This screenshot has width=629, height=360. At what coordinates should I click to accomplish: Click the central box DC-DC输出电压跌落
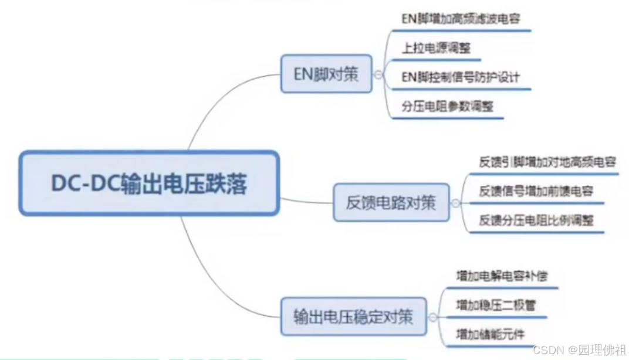click(148, 184)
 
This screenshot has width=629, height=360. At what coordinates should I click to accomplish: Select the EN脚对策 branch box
click(326, 74)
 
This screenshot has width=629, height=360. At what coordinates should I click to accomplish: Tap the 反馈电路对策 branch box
click(391, 203)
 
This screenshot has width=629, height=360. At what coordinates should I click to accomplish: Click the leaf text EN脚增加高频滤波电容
click(460, 19)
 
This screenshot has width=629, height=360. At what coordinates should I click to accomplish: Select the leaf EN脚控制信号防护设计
click(460, 77)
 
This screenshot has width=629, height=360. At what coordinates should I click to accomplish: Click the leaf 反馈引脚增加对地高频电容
click(546, 162)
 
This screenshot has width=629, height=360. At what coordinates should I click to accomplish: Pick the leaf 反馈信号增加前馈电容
click(536, 191)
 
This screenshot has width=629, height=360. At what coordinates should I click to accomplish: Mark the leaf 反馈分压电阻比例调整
click(536, 220)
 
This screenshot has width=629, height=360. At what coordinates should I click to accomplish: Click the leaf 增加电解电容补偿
click(502, 275)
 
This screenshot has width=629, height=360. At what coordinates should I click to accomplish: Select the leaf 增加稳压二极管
click(495, 305)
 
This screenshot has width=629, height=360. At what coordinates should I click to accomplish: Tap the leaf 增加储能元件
click(489, 334)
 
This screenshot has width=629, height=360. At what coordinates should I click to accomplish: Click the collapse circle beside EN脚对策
click(378, 74)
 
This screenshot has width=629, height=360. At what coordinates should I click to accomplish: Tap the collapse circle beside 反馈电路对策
click(456, 203)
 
